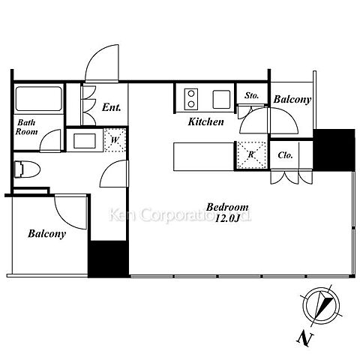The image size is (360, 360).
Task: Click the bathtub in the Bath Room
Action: pyautogui.click(x=39, y=99)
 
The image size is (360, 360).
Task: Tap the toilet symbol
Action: pyautogui.click(x=27, y=169)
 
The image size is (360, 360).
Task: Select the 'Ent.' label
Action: pyautogui.click(x=112, y=107)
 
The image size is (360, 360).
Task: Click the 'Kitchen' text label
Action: pyautogui.click(x=205, y=121)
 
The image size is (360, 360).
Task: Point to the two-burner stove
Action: pyautogui.click(x=191, y=99)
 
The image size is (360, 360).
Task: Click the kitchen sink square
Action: pyautogui.click(x=221, y=99)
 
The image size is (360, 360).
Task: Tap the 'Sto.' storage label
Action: pyautogui.click(x=251, y=95)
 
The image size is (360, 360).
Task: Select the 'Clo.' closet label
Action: pyautogui.click(x=285, y=155)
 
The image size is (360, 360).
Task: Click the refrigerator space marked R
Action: pyautogui.click(x=251, y=154)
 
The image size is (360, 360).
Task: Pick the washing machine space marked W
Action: pyautogui.click(x=115, y=140)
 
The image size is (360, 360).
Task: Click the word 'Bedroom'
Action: pyautogui.click(x=227, y=207)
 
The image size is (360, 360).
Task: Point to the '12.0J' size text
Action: pyautogui.click(x=227, y=218)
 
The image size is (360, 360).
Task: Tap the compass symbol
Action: pyautogui.click(x=321, y=306)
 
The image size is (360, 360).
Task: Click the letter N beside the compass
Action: pyautogui.click(x=305, y=339)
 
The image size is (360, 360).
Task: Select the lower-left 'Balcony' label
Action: pyautogui.click(x=46, y=234)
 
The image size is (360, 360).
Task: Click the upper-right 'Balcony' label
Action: pyautogui.click(x=292, y=99)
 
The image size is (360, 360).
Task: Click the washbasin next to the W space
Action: pyautogui.click(x=85, y=141)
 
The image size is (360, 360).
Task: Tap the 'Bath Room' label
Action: pyautogui.click(x=26, y=127)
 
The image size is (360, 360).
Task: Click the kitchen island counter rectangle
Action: pyautogui.click(x=204, y=157)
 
